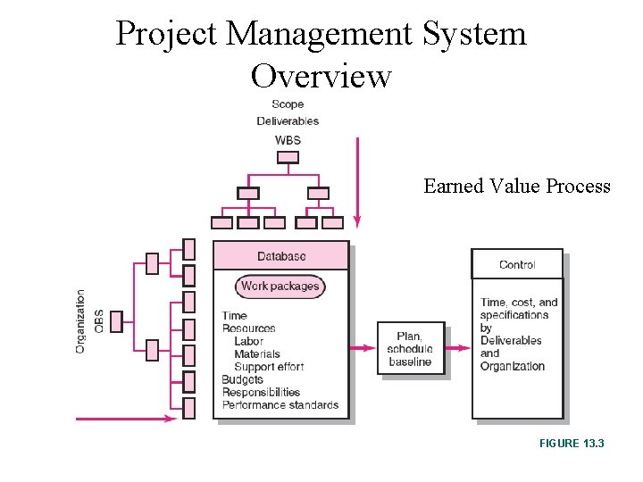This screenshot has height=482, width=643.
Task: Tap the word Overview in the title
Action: pyautogui.click(x=321, y=76)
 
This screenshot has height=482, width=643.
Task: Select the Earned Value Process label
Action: pyautogui.click(x=517, y=187)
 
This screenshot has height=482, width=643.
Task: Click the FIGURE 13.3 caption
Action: pyautogui.click(x=572, y=442)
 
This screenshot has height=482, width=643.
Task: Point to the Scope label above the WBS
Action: pyautogui.click(x=288, y=104)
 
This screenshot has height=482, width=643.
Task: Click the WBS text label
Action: pyautogui.click(x=288, y=140)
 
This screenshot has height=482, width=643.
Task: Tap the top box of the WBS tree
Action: pyautogui.click(x=288, y=157)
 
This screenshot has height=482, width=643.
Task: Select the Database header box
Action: pyautogui.click(x=281, y=256)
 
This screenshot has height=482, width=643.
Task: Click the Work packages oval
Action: pyautogui.click(x=280, y=287)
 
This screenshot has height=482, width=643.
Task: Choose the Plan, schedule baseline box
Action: pyautogui.click(x=411, y=349)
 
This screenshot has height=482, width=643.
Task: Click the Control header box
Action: pyautogui.click(x=517, y=264)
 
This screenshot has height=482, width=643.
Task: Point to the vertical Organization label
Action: pyautogui.click(x=81, y=320)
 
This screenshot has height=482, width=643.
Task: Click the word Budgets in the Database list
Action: pyautogui.click(x=243, y=379)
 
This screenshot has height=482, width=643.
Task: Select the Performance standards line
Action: pyautogui.click(x=280, y=404)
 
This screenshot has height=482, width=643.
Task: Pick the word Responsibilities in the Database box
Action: pyautogui.click(x=261, y=392)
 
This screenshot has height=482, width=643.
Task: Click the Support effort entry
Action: pyautogui.click(x=269, y=367)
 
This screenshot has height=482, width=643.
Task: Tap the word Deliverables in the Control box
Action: pyautogui.click(x=511, y=340)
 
